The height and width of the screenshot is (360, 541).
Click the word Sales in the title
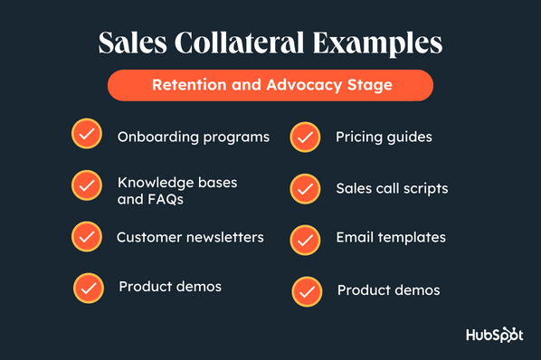point(133,43)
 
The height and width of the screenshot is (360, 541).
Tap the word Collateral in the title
point(240,43)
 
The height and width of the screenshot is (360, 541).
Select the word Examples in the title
point(377,44)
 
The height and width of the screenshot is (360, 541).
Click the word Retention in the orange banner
point(189,85)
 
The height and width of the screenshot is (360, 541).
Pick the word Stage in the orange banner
point(370,86)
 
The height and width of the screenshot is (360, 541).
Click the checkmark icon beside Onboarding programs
point(87,134)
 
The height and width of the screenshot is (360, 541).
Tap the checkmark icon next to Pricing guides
point(305,137)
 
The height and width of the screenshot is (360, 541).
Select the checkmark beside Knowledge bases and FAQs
point(87,185)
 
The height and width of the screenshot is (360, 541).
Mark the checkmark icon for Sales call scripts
point(305,189)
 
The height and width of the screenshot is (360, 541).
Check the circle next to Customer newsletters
point(87,237)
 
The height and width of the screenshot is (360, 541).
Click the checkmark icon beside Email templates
point(305,241)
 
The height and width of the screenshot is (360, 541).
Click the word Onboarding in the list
point(158,137)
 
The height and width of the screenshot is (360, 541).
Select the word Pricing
point(359,137)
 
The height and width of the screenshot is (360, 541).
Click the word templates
point(412,238)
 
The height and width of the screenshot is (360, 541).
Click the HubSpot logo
point(495,335)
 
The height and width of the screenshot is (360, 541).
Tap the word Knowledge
point(152,183)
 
